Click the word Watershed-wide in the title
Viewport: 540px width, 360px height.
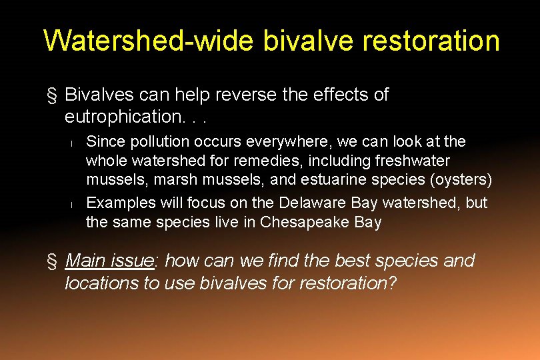(149, 40)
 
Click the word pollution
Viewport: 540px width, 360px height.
(150, 141)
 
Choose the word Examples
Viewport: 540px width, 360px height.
(115, 202)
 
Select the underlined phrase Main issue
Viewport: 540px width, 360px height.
(109, 260)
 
